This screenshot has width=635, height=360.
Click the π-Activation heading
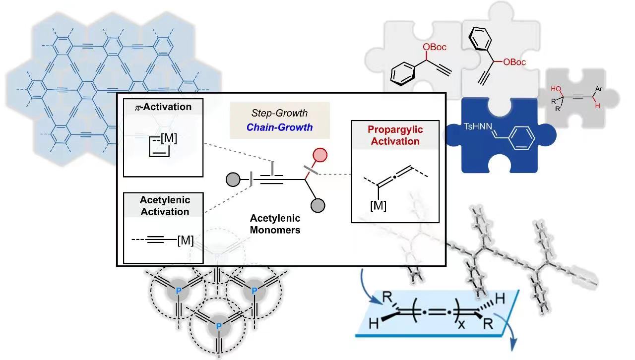coord(164,107)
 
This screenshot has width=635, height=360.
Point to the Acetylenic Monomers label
coord(275,224)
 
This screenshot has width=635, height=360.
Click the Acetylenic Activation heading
coord(164,206)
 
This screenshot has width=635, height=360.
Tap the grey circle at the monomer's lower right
coord(318,204)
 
